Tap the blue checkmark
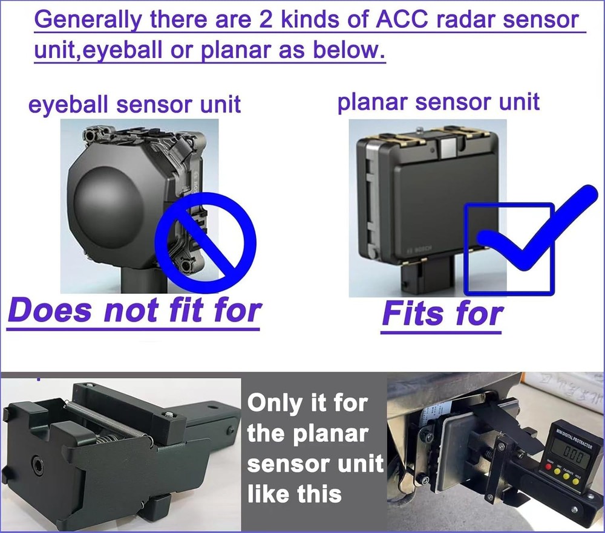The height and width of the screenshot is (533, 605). tap(532, 230)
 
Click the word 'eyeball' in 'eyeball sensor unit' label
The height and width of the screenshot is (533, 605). tap(70, 105)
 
